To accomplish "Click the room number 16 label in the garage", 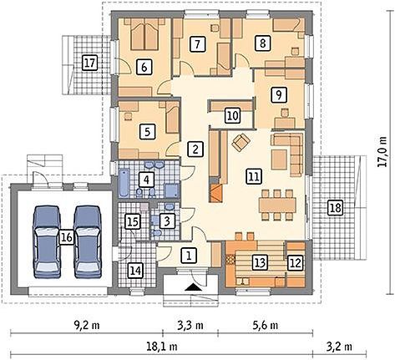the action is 67,237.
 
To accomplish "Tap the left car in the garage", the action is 47,242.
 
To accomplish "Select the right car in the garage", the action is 88,242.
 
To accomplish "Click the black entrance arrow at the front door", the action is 194,287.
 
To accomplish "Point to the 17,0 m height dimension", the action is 382,151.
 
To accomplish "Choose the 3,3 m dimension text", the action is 190,325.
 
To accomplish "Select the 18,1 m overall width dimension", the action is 162,347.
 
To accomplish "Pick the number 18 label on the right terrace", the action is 335,208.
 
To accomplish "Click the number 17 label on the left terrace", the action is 89,63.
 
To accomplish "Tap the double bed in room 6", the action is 144,34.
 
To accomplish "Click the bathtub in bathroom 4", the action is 124,182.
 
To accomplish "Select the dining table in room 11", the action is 277,205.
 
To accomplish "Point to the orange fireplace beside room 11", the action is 216,193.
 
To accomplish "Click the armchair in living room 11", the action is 241,142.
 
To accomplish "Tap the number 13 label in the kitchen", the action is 260,262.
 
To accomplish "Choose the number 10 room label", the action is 233,116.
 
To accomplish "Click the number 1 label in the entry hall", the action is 189,256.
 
